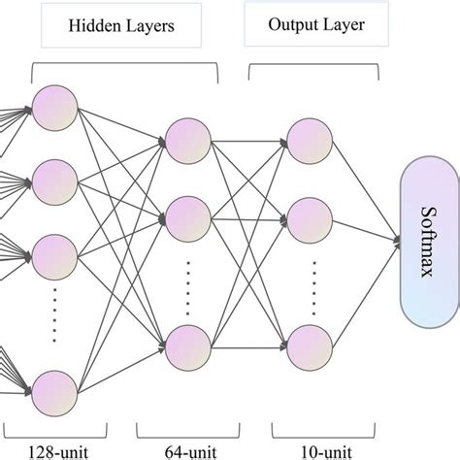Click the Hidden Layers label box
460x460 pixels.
122,29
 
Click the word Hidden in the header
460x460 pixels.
95,29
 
